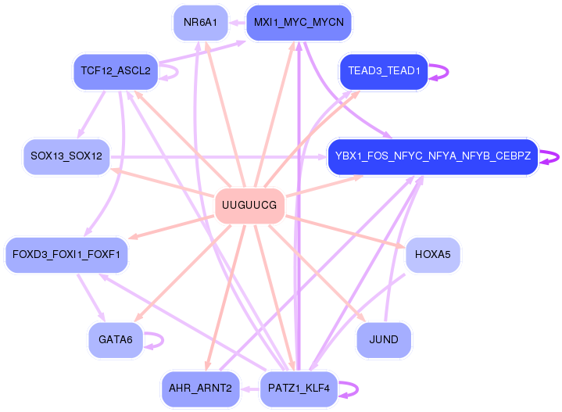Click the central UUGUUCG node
(249, 206)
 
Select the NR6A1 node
(200, 23)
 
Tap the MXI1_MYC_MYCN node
(299, 23)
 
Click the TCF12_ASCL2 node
(116, 71)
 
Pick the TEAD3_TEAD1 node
(384, 71)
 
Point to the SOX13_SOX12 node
(66, 156)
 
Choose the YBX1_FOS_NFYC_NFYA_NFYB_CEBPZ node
(433, 156)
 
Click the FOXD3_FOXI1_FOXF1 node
(66, 255)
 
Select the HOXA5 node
(432, 255)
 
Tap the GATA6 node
(116, 340)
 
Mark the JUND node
(384, 340)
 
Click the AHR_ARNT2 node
(200, 389)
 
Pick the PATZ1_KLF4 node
(299, 389)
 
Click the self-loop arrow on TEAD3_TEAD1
(447, 72)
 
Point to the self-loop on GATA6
(163, 340)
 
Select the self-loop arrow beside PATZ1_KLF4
(357, 389)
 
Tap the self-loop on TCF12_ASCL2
(177, 72)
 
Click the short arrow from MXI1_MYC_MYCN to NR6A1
(237, 23)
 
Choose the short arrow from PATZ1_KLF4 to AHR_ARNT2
(250, 389)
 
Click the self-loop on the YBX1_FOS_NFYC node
(557, 157)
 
